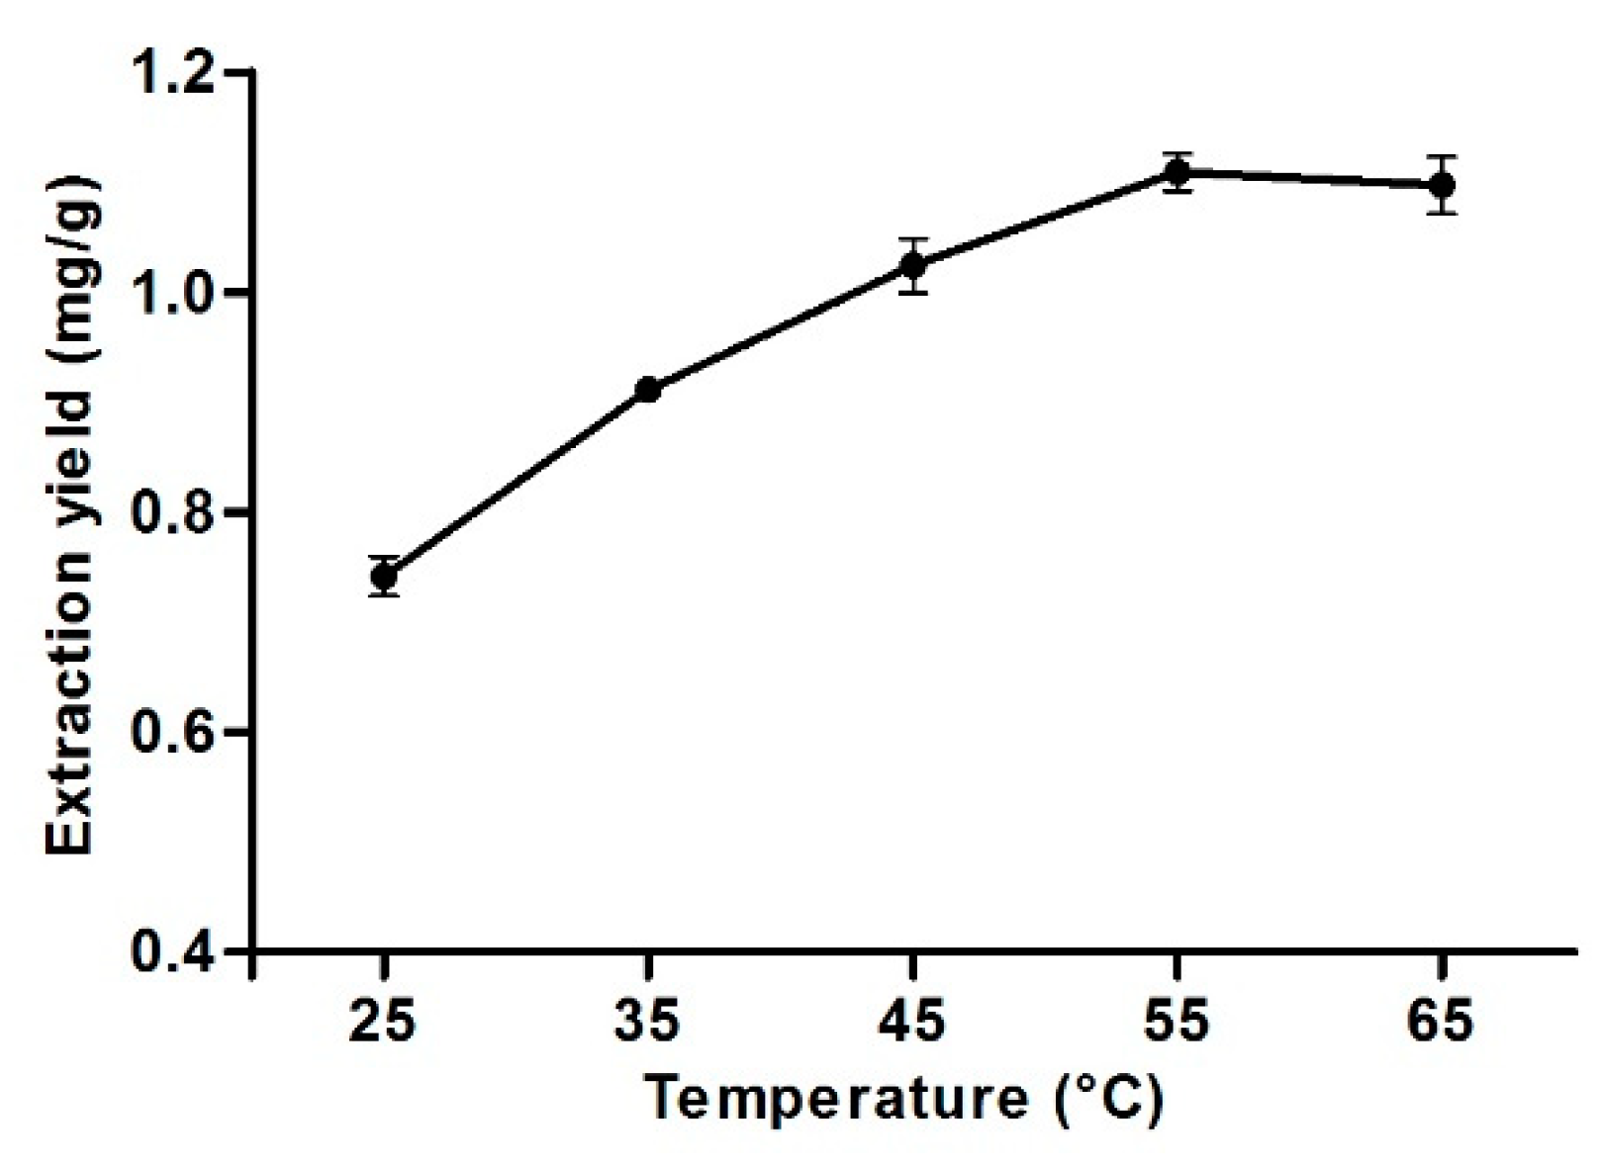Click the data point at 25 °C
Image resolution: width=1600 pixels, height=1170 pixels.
(x=384, y=576)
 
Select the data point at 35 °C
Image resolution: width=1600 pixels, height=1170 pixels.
(x=648, y=390)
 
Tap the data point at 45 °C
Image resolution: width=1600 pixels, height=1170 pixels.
(x=913, y=265)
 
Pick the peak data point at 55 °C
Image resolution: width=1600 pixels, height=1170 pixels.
(x=1176, y=173)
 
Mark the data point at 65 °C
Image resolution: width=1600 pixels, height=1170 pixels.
(x=1442, y=185)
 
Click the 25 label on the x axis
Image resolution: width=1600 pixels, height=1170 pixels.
(x=384, y=1020)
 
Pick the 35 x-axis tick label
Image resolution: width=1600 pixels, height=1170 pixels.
(x=648, y=1020)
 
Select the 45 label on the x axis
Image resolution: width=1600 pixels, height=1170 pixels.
(x=913, y=1020)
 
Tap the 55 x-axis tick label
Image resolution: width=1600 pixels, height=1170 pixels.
(x=1176, y=1020)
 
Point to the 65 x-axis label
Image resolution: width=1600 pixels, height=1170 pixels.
(x=1442, y=1020)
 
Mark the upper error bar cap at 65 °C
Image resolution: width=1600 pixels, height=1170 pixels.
(x=1442, y=156)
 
